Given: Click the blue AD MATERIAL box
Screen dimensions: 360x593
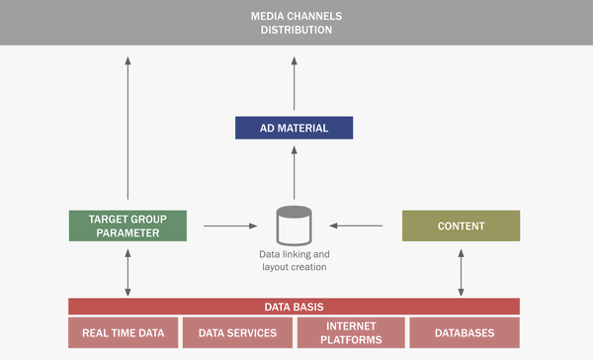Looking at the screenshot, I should (x=295, y=128).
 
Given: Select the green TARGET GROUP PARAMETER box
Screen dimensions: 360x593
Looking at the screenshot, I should (x=127, y=225).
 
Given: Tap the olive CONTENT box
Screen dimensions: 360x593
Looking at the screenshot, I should (x=461, y=225).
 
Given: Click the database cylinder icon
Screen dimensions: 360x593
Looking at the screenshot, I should (x=294, y=225).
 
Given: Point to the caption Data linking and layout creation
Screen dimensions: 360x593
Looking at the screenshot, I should (x=294, y=260).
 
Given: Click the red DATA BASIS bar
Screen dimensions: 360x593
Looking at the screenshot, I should (x=294, y=307).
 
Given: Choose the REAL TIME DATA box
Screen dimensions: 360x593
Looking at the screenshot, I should (x=124, y=332).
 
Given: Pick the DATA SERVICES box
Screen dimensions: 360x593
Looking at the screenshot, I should (x=237, y=332).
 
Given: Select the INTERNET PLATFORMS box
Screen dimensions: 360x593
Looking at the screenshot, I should (x=351, y=332).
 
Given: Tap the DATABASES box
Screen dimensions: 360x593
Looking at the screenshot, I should (x=465, y=332).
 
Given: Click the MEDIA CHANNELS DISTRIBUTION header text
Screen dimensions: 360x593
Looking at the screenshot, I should (x=296, y=22).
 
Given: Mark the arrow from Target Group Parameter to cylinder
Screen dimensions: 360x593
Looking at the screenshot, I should (x=229, y=226).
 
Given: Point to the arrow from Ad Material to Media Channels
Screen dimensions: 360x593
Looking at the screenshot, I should (x=294, y=84).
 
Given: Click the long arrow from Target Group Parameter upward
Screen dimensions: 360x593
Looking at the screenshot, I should (x=127, y=129).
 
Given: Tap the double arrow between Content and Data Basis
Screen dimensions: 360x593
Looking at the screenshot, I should (x=461, y=269).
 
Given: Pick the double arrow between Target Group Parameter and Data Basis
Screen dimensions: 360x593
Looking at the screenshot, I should (x=127, y=269).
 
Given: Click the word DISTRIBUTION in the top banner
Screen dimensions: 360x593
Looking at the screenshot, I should (x=296, y=30).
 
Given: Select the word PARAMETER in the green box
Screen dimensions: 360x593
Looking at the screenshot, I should (x=127, y=233).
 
